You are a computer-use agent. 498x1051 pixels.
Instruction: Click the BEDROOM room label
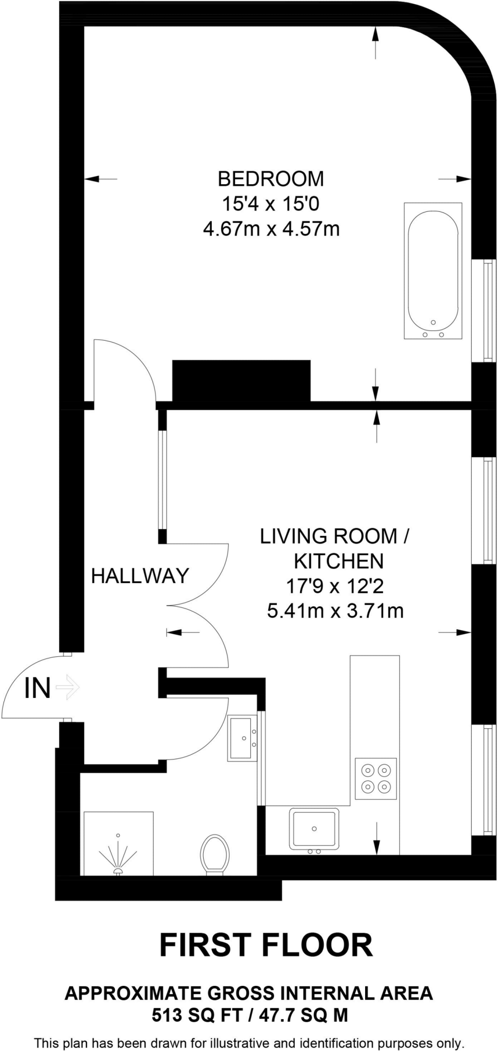click(x=271, y=179)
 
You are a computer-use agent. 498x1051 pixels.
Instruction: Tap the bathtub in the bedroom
click(x=433, y=270)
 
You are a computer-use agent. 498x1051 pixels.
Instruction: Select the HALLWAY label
click(x=140, y=576)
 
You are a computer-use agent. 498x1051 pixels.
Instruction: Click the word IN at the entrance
click(x=37, y=688)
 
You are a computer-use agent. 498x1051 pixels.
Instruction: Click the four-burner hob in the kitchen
click(x=376, y=778)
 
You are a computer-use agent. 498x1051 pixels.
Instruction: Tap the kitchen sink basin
click(x=314, y=828)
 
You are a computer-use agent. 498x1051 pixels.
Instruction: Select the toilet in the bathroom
click(x=214, y=854)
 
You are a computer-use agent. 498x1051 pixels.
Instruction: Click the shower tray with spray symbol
click(x=118, y=843)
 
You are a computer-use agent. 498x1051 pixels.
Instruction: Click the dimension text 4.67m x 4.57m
click(x=271, y=228)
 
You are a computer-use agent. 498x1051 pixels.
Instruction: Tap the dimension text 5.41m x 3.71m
click(x=335, y=611)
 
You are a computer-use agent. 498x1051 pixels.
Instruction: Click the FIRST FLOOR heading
click(x=266, y=945)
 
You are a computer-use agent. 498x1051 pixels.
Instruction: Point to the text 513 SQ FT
click(x=196, y=1015)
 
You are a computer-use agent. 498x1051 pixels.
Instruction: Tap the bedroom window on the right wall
click(x=484, y=310)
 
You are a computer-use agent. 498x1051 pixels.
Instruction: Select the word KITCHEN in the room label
click(x=338, y=561)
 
